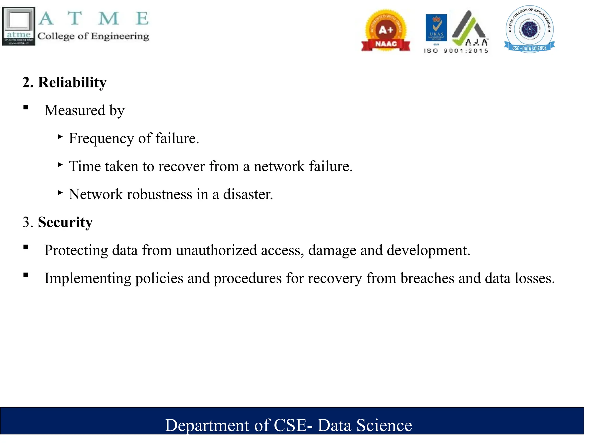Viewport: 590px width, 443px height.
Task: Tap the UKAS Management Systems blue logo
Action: click(436, 28)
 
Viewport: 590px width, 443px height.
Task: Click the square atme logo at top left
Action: click(19, 26)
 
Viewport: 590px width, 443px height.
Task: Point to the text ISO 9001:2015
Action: click(456, 51)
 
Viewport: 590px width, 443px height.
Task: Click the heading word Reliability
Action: click(72, 82)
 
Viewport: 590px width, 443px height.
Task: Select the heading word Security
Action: click(65, 222)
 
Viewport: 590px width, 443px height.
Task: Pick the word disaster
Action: click(248, 194)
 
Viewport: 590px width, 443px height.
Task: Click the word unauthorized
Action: click(216, 250)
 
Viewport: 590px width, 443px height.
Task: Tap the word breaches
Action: click(427, 278)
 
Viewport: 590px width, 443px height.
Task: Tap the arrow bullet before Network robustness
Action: click(60, 193)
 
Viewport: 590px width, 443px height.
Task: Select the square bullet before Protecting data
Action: click(26, 247)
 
